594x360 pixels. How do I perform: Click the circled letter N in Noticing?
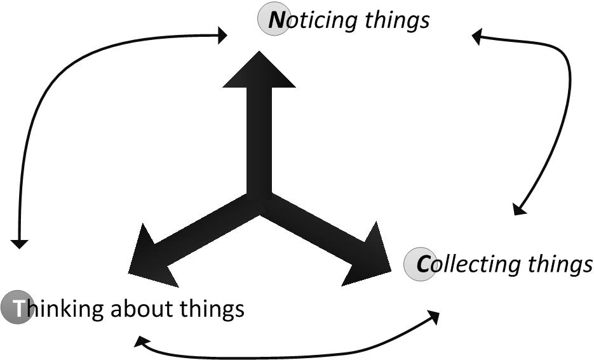(x=273, y=20)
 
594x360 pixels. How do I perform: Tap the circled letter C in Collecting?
(x=420, y=263)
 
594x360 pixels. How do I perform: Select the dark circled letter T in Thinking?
(x=17, y=309)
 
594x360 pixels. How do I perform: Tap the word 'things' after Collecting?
(x=560, y=263)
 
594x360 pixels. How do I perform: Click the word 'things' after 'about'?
(x=213, y=309)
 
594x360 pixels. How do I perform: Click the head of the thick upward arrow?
(x=259, y=70)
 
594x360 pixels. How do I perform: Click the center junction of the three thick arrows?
(x=259, y=203)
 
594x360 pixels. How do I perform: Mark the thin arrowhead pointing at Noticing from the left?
(x=222, y=35)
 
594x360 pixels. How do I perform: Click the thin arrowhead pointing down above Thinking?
(x=20, y=243)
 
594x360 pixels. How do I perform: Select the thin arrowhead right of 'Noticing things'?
(x=477, y=37)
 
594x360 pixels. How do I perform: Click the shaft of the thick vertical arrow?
(x=259, y=140)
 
